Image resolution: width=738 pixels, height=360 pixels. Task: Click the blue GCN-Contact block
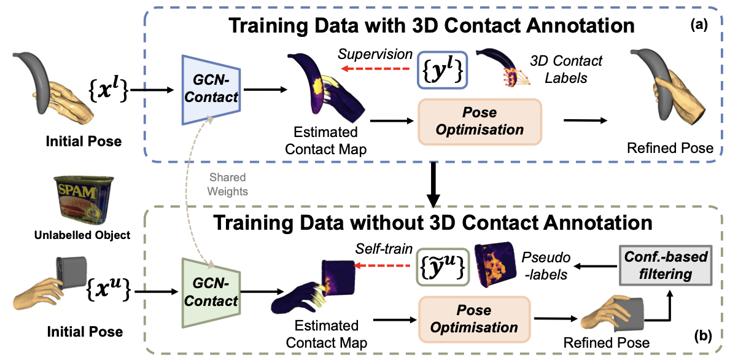tap(211, 90)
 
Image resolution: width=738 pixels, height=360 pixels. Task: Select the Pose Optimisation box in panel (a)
tap(480, 122)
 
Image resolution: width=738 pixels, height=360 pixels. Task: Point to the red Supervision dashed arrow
tap(375, 69)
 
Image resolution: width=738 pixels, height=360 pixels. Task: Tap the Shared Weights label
tap(227, 185)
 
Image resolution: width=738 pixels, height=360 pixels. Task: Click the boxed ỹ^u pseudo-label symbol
tap(442, 265)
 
